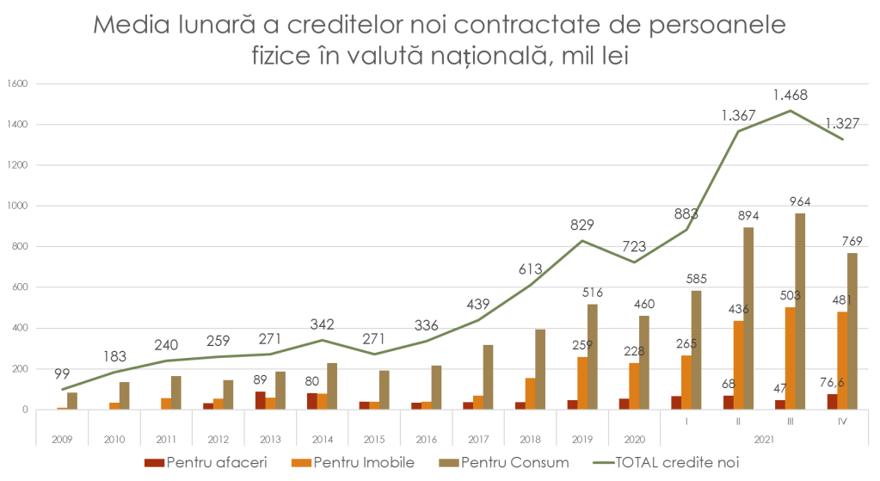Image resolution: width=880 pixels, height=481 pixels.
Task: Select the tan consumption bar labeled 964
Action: pos(800,310)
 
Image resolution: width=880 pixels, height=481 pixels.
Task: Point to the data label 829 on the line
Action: pos(583,225)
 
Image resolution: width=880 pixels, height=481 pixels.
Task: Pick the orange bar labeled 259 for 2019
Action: pos(582,382)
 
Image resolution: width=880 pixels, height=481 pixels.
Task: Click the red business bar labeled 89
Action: pos(260,400)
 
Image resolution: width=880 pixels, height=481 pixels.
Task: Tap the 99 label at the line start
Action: pos(61,373)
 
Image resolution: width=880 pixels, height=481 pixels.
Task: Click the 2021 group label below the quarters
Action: pos(762,438)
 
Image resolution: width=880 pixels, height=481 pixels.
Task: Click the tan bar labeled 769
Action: pos(852,330)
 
